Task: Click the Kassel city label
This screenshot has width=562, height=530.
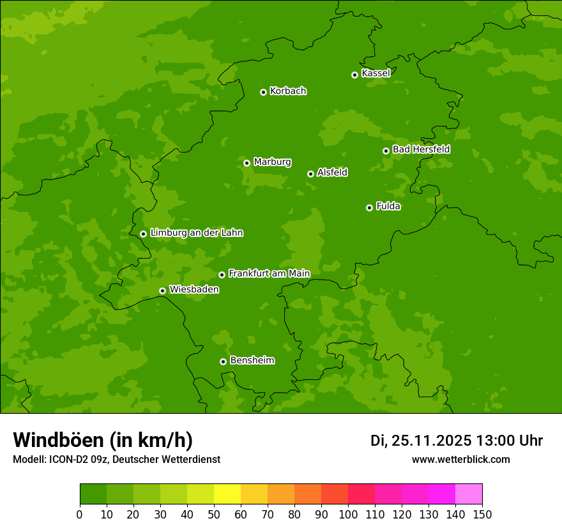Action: click(x=376, y=73)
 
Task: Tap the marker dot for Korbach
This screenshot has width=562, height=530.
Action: click(x=263, y=92)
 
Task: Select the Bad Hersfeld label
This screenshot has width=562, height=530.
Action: click(x=421, y=149)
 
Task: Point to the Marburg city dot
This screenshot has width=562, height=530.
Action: click(x=247, y=163)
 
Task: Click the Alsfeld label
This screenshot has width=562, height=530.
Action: click(x=332, y=172)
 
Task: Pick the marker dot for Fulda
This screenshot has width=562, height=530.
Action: click(x=369, y=208)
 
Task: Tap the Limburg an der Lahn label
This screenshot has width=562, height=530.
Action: click(x=196, y=233)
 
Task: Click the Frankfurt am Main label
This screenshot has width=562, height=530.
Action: click(x=269, y=273)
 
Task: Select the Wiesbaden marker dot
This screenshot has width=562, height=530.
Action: click(x=162, y=291)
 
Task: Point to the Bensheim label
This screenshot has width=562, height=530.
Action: click(x=252, y=360)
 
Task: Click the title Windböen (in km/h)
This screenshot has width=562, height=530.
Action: click(x=103, y=440)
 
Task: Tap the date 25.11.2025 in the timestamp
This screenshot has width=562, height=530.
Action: click(x=432, y=441)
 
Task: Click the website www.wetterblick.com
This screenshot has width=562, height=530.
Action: click(x=460, y=459)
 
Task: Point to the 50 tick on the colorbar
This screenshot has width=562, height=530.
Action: click(x=214, y=514)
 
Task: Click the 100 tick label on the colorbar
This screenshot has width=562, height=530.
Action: click(x=348, y=514)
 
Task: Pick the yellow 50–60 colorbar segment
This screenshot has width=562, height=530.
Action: click(x=227, y=494)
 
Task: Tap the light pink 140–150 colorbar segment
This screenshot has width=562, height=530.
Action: click(x=469, y=494)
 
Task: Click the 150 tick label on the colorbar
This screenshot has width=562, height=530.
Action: click(x=482, y=514)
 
